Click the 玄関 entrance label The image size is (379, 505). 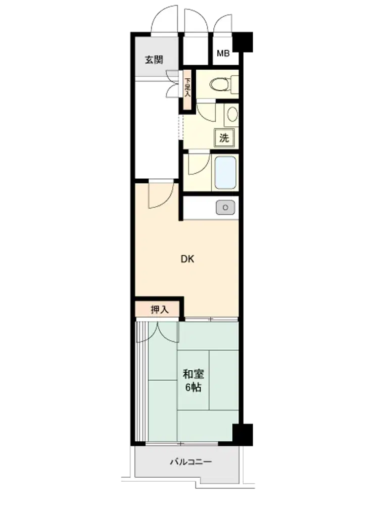tap(154, 60)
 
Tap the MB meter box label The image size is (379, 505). tap(223, 53)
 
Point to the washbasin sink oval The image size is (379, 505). tap(232, 114)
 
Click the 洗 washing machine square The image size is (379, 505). tap(224, 138)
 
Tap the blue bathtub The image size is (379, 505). tap(225, 173)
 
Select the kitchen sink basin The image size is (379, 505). tap(225, 208)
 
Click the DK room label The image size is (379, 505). tap(187, 259)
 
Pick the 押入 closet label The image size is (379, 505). tap(160, 310)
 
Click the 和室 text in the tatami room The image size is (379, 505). tap(193, 374)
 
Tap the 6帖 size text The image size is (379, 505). tap(193, 387)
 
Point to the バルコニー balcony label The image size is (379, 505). tap(191, 462)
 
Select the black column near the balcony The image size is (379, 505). tap(243, 434)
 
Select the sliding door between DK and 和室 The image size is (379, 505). tap(211, 320)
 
